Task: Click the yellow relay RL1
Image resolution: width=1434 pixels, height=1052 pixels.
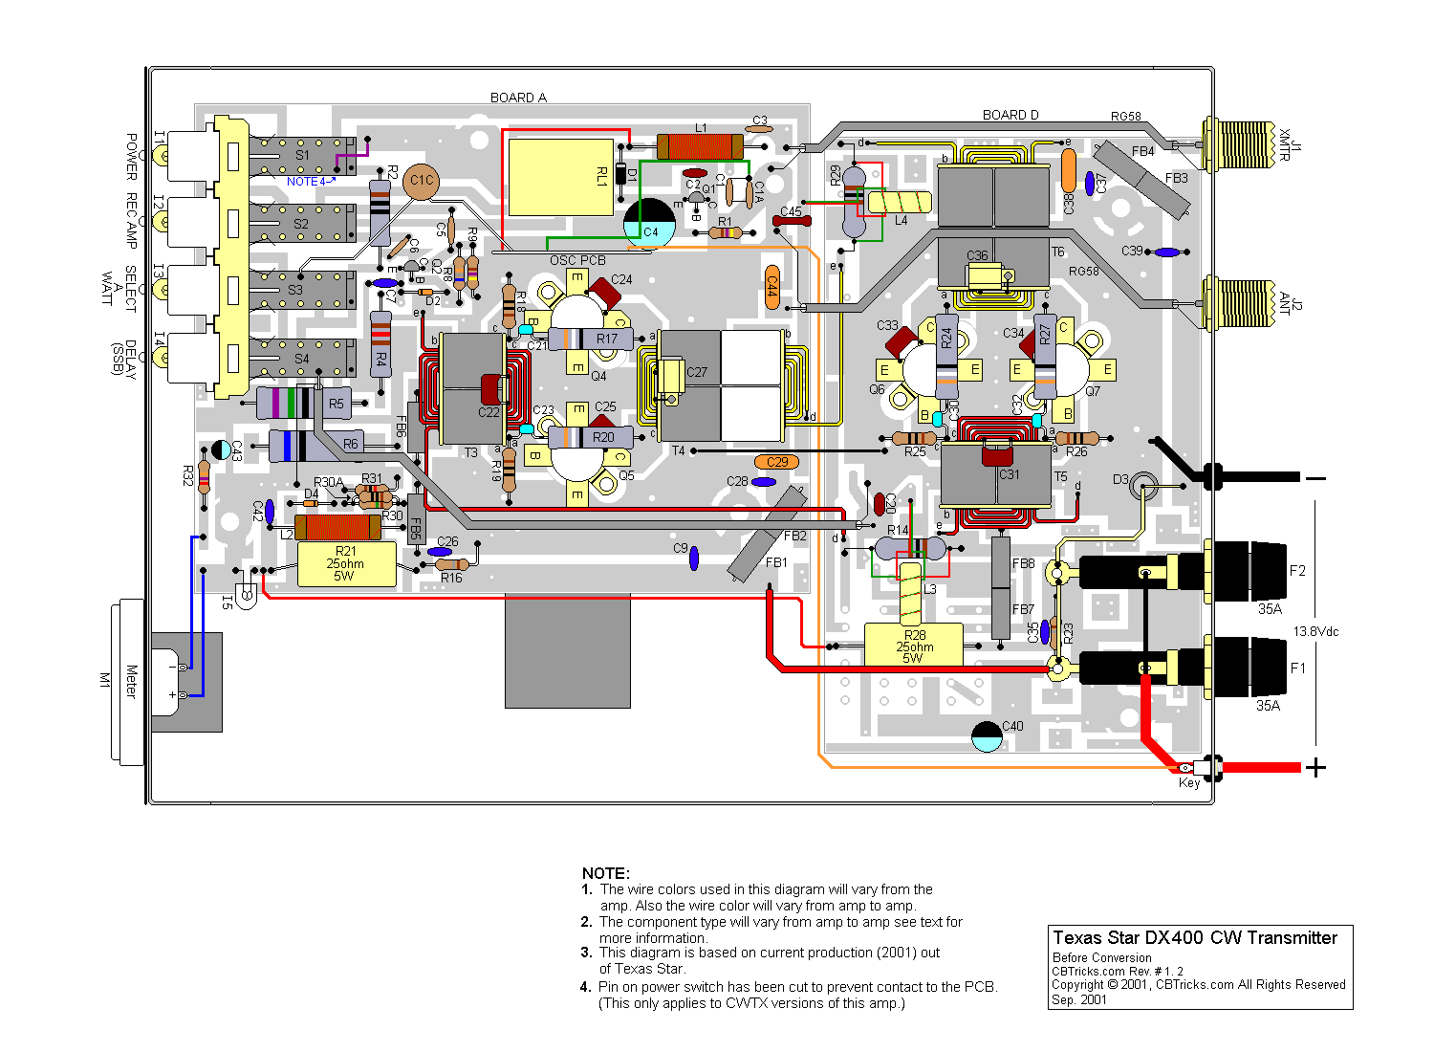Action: (560, 177)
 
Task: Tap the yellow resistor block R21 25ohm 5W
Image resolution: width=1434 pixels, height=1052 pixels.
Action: (346, 564)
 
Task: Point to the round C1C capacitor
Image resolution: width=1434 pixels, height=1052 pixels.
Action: (421, 181)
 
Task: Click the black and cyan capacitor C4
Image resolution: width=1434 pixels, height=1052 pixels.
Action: (649, 222)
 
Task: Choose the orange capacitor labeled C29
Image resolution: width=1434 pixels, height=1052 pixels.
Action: (776, 462)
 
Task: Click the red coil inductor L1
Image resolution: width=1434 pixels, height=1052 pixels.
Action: (700, 146)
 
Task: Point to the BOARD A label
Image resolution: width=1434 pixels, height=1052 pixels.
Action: (518, 98)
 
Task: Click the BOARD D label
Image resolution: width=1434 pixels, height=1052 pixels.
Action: (1010, 115)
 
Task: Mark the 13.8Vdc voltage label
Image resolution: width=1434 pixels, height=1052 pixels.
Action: (1315, 632)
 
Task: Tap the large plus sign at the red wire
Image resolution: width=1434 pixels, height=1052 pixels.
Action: (1315, 767)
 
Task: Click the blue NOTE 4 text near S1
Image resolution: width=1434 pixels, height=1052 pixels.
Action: (309, 182)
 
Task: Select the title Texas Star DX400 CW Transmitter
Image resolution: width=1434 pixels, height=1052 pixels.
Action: (1195, 938)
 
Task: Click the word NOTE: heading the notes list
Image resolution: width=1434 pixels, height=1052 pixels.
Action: (605, 873)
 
